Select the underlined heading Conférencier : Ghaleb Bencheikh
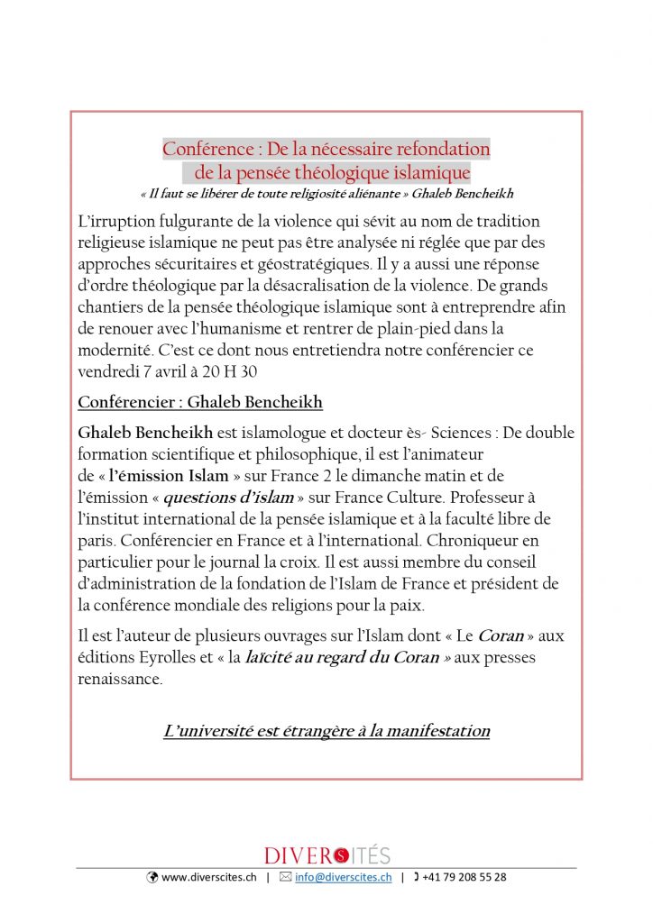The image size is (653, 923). coord(200,401)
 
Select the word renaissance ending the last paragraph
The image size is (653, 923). coord(120,679)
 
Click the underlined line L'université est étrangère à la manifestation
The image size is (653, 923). coord(326,731)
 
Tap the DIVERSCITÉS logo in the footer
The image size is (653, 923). coord(326,855)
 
